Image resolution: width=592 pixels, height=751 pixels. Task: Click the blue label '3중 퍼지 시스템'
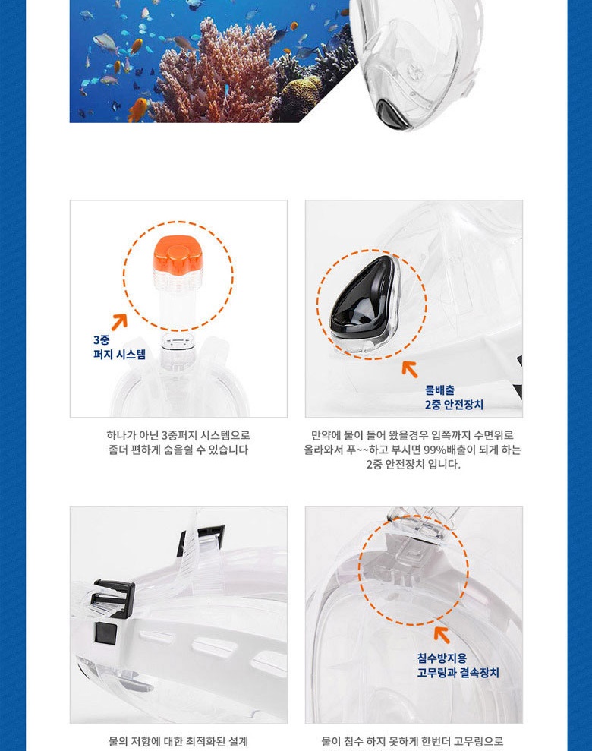pos(119,347)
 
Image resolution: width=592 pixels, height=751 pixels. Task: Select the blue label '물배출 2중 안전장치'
pos(454,398)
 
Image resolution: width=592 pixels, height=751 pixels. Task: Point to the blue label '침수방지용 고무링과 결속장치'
pos(458,665)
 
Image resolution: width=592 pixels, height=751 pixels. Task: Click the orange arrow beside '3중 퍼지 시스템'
pos(119,322)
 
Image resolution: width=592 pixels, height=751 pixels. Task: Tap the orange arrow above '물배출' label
pos(410,368)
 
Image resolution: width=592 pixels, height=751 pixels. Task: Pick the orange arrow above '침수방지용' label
pos(442,634)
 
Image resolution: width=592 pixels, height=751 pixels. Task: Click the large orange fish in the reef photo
pos(138,109)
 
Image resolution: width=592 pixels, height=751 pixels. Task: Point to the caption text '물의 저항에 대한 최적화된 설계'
pos(178,741)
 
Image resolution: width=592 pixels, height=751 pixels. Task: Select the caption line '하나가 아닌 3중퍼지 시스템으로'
pos(178,435)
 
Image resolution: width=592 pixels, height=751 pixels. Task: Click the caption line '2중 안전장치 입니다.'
pos(414,464)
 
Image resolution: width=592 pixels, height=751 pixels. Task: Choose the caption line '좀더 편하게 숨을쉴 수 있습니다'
pos(178,450)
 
